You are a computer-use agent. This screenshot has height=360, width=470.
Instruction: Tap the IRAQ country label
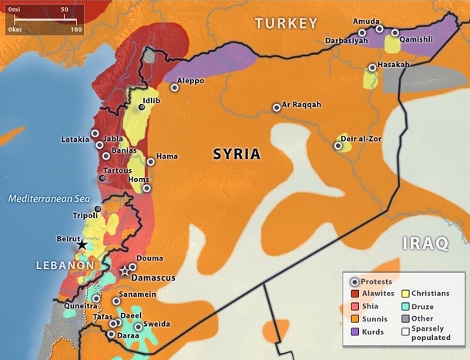425,244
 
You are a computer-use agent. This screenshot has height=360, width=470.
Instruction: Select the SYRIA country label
237,154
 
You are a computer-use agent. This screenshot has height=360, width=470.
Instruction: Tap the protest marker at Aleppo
175,88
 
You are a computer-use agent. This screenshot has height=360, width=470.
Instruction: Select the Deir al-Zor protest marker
337,145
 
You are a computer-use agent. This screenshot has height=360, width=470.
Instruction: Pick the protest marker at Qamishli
394,33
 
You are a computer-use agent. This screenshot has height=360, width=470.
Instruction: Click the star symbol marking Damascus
125,271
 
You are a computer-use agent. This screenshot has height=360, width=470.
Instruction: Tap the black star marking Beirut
82,244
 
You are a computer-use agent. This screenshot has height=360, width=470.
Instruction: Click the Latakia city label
76,140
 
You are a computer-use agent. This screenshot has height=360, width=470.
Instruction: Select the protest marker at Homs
146,187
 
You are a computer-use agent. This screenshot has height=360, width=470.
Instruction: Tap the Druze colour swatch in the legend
405,306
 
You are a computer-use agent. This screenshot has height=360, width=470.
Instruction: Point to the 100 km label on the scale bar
76,29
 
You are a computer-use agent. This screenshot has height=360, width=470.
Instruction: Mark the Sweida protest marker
138,326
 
